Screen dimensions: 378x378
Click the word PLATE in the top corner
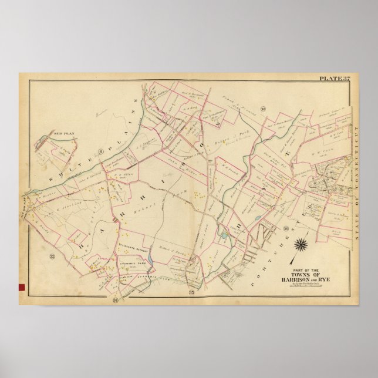point(326,79)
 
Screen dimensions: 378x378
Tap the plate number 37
point(343,79)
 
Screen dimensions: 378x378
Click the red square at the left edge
point(23,287)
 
